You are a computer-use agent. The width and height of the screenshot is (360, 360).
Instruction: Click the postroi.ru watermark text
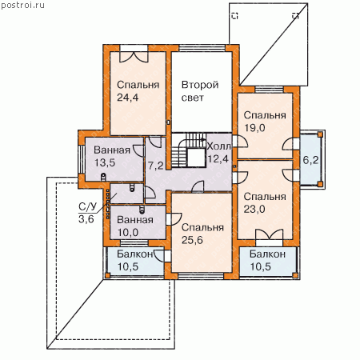click(x=22, y=5)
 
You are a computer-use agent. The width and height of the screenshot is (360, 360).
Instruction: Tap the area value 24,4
click(x=128, y=98)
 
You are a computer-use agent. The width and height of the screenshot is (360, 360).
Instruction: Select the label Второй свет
click(x=200, y=91)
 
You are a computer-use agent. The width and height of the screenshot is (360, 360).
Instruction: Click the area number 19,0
click(x=254, y=128)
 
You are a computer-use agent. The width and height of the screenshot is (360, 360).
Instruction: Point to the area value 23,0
click(x=254, y=209)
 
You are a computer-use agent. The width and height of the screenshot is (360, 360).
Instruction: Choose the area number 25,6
click(x=192, y=240)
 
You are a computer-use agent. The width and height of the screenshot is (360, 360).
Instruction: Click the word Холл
click(x=218, y=146)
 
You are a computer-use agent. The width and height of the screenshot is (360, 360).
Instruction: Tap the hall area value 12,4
click(x=218, y=159)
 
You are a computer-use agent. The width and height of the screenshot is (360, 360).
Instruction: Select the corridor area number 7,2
click(x=156, y=166)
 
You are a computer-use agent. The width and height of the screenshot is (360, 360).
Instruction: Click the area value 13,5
click(x=105, y=162)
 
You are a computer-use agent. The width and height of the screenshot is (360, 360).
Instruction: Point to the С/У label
click(x=87, y=206)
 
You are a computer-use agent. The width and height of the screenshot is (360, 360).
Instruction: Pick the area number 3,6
click(x=86, y=219)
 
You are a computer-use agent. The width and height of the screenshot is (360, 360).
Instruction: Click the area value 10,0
click(x=128, y=233)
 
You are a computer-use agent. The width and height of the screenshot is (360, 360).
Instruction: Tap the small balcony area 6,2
click(x=310, y=160)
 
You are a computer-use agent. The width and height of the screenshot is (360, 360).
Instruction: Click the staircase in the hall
click(x=188, y=150)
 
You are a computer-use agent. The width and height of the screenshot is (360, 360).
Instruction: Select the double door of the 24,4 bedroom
click(x=134, y=57)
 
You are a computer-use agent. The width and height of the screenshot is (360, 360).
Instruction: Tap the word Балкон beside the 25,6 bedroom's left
click(x=135, y=254)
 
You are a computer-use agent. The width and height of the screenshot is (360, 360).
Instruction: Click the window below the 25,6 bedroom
click(x=202, y=276)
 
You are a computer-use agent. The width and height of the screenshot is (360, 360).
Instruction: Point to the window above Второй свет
click(x=202, y=48)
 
